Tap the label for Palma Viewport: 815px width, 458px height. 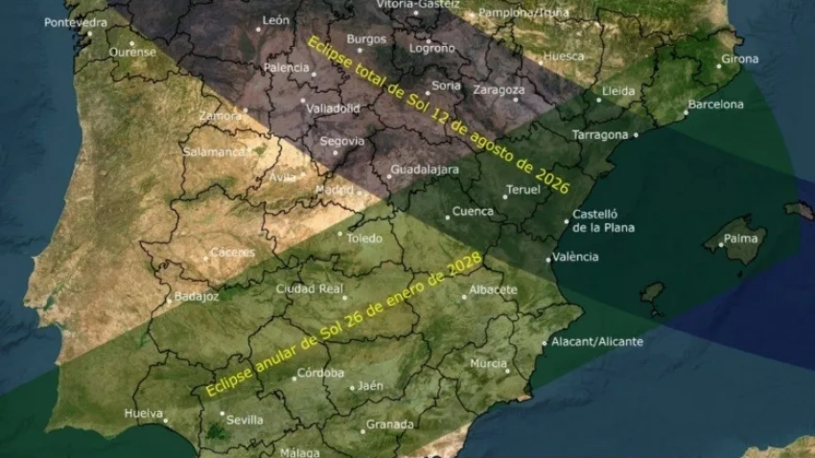(x=740, y=238)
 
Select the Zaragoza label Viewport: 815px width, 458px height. (x=499, y=90)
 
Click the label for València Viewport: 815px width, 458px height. (x=577, y=257)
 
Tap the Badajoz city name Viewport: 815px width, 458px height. (x=198, y=296)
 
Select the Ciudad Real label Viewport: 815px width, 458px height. (x=310, y=288)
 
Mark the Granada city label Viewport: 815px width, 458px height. (x=390, y=424)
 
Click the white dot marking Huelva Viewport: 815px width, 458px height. (x=165, y=415)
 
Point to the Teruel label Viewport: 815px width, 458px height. (x=524, y=190)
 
